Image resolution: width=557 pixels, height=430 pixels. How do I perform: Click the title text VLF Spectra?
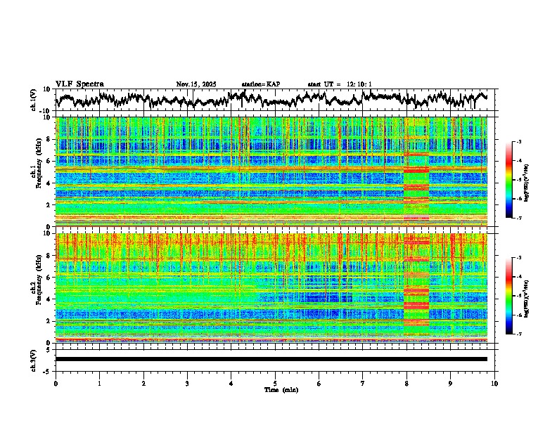[79, 84]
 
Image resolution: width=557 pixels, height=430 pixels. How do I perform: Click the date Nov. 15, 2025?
[196, 84]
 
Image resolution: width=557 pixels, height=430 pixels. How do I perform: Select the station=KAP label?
[260, 84]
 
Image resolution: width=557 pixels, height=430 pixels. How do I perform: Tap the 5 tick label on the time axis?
[275, 383]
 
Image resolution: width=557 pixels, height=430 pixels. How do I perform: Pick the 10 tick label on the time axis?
[494, 383]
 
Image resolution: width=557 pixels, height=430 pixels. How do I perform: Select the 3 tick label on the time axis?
[187, 383]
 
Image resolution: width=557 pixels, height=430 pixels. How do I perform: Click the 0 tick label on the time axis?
[56, 383]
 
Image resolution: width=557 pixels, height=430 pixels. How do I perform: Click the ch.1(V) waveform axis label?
[34, 100]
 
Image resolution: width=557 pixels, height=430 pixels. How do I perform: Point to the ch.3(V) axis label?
[34, 359]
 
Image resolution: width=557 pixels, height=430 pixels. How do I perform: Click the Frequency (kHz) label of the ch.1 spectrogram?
[40, 172]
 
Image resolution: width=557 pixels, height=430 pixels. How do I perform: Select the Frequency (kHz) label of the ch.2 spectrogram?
[40, 288]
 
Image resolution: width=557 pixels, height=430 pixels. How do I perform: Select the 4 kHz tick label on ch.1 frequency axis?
[49, 183]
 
